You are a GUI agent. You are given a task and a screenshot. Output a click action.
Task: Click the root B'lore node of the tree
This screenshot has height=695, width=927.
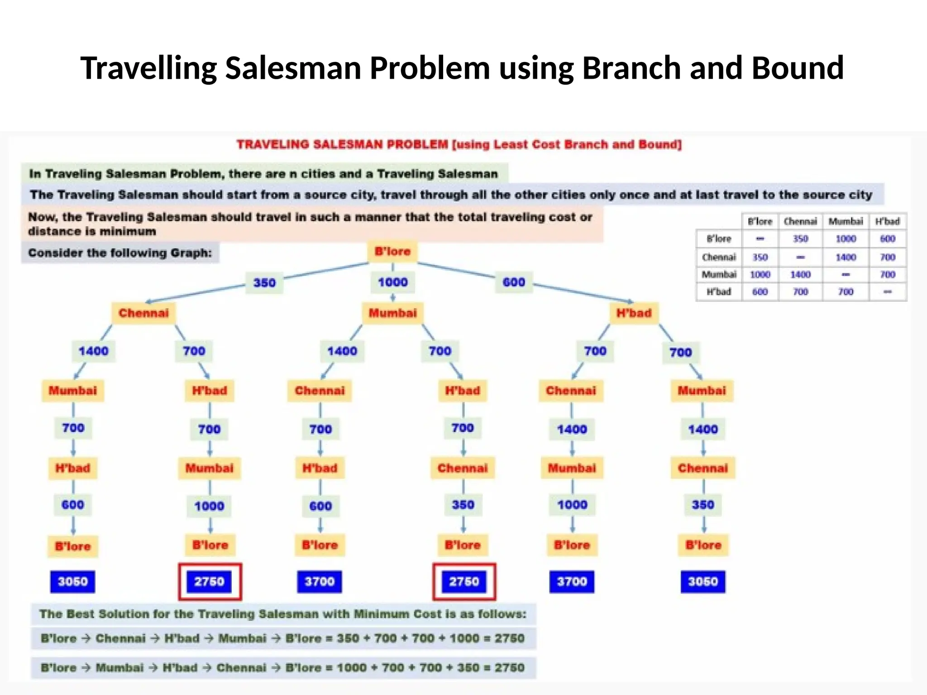click(x=392, y=252)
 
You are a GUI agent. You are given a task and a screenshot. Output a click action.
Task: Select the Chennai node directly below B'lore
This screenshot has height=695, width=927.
click(x=143, y=313)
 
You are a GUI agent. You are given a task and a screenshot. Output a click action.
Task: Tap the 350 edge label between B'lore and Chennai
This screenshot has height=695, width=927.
click(x=264, y=283)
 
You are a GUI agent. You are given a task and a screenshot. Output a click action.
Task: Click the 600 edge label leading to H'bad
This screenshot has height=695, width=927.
click(x=514, y=282)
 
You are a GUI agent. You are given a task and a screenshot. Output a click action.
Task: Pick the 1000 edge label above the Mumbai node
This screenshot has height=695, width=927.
click(x=393, y=282)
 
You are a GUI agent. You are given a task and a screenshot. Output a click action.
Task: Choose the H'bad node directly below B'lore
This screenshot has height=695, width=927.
click(x=634, y=313)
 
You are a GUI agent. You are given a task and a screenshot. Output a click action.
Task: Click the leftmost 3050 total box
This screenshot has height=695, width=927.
click(x=72, y=581)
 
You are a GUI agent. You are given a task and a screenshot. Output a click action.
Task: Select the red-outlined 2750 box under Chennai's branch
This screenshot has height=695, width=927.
click(x=210, y=581)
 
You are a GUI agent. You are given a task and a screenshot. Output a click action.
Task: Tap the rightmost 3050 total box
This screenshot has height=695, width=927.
click(x=703, y=581)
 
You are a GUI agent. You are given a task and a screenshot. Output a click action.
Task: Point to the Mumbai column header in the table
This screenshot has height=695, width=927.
click(x=846, y=221)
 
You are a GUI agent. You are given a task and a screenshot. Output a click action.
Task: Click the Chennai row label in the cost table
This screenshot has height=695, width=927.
click(x=719, y=257)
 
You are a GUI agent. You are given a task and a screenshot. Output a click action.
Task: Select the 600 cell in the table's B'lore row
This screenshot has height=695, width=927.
click(x=888, y=239)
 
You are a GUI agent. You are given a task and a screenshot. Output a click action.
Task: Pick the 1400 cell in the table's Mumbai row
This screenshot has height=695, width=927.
click(x=800, y=275)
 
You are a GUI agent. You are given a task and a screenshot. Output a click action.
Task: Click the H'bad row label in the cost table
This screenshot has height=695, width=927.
click(x=719, y=292)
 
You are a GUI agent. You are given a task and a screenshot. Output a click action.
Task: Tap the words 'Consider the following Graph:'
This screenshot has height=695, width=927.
click(x=120, y=252)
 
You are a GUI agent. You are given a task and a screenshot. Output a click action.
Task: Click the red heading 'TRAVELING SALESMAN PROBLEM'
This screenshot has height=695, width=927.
click(x=342, y=145)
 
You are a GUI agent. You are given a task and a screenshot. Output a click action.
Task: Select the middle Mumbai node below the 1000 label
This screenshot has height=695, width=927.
click(x=392, y=313)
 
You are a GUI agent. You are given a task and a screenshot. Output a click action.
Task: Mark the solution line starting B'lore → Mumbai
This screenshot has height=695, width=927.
click(x=283, y=668)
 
